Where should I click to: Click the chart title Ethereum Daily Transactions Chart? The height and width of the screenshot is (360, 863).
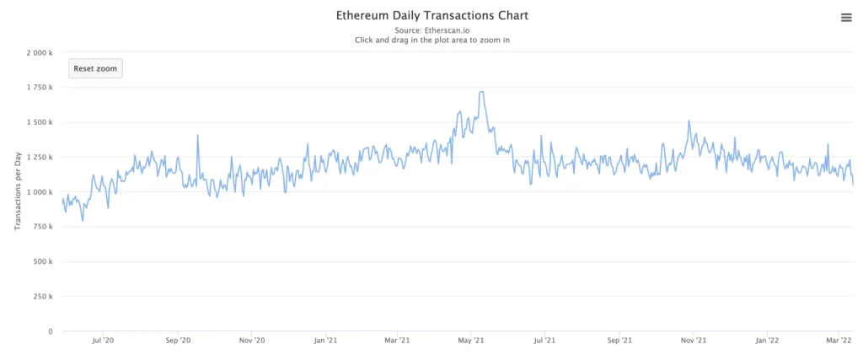click(431, 15)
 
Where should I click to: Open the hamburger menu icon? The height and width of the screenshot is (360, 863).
click(846, 18)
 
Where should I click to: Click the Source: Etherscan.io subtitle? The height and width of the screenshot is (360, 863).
click(431, 30)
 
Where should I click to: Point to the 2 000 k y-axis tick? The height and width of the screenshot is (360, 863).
click(39, 52)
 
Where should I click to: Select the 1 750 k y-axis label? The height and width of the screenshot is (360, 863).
click(39, 87)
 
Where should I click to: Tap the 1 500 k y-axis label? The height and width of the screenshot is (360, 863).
click(39, 122)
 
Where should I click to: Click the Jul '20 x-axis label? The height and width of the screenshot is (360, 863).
click(103, 341)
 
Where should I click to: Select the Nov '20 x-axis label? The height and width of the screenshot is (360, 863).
click(252, 341)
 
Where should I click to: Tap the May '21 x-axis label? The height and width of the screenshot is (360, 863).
click(472, 341)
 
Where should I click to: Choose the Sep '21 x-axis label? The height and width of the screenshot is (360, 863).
click(619, 341)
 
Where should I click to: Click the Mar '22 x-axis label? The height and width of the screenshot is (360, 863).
click(839, 341)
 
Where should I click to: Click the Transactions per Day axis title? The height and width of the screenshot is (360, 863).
click(18, 192)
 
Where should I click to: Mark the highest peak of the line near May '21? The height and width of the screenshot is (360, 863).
click(481, 92)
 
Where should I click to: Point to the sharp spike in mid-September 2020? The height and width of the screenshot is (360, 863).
click(198, 136)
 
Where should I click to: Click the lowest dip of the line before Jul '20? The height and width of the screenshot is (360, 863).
click(83, 221)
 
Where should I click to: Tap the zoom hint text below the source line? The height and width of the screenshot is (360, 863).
click(431, 40)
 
